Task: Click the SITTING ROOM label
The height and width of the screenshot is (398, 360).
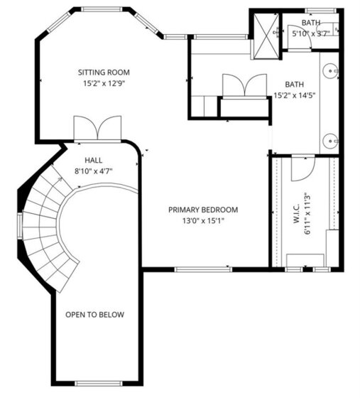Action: tap(104, 72)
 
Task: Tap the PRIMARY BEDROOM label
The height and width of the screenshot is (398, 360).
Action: tap(203, 210)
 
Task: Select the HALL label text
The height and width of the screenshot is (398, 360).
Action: tap(94, 160)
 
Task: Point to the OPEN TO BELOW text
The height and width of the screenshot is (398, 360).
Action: tap(95, 314)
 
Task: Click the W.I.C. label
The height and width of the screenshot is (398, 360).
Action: tap(296, 213)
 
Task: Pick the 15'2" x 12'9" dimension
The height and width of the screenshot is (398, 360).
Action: tap(104, 83)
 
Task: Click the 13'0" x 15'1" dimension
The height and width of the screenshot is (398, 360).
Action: tap(203, 221)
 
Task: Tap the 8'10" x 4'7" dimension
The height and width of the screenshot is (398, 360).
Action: tap(93, 171)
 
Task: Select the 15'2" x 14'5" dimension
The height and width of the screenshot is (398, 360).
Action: tap(295, 95)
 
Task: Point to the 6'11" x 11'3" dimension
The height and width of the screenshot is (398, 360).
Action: tap(307, 215)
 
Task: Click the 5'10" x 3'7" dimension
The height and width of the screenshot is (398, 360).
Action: tap(311, 33)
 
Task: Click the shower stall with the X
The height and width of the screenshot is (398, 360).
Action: tap(266, 36)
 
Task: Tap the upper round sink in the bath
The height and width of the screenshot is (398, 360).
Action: tap(330, 70)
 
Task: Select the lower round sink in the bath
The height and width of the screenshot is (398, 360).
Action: tap(330, 141)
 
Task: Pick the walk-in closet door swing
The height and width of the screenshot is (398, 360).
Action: tap(303, 169)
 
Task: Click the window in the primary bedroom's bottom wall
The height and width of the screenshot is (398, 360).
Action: tap(203, 269)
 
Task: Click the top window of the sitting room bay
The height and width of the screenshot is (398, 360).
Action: tap(102, 9)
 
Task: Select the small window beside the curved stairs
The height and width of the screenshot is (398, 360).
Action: tap(20, 226)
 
